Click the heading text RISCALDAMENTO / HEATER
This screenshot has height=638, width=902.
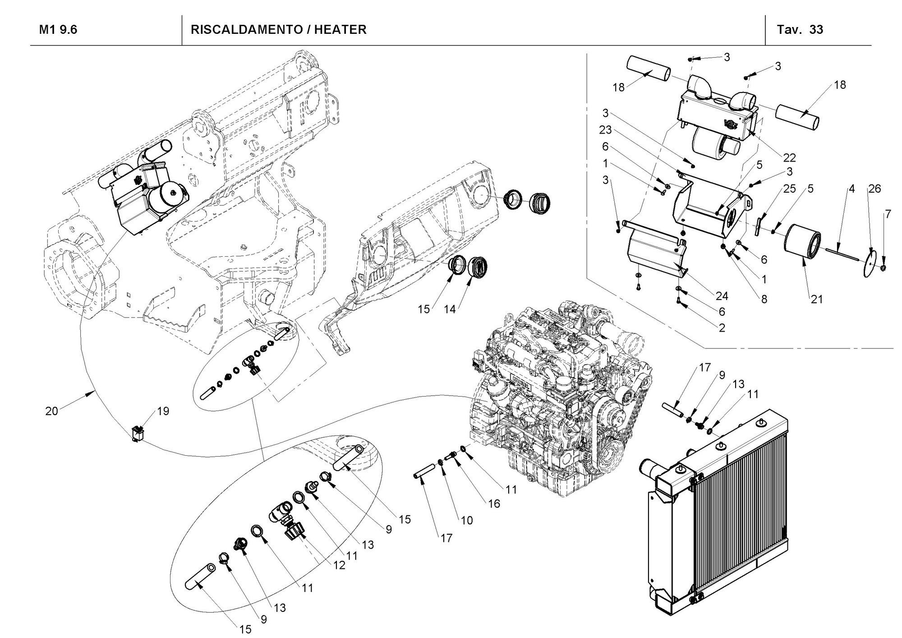278,30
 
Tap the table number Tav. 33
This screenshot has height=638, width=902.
800,30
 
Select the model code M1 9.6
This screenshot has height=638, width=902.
58,30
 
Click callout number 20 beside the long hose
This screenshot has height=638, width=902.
52,411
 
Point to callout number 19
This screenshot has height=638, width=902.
163,411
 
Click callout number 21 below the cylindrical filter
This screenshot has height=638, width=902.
817,299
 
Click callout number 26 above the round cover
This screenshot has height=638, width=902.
874,189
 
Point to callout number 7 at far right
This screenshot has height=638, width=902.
888,214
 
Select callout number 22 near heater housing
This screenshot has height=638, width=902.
789,157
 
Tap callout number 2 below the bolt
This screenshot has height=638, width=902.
722,328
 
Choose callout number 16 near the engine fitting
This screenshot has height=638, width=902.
494,503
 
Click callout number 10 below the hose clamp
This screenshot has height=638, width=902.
467,520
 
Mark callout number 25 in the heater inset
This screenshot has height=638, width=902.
789,189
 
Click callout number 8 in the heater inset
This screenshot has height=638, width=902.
764,299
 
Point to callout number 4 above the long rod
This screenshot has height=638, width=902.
851,189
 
